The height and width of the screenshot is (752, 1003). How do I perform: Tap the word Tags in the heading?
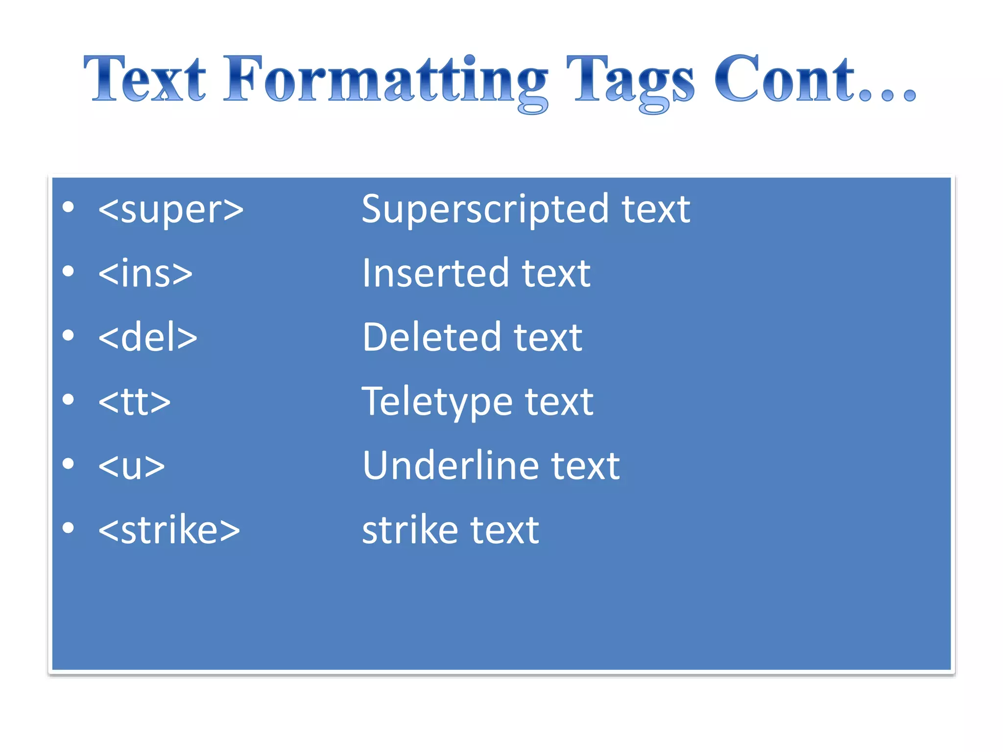pos(630,81)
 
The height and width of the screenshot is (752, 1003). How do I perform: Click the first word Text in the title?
pos(145,79)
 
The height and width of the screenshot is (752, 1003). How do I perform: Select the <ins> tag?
pos(145,273)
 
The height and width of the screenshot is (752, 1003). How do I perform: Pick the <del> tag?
pos(147,337)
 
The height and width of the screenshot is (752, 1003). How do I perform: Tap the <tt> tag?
pos(134,401)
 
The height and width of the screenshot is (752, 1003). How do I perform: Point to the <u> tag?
pos(131,466)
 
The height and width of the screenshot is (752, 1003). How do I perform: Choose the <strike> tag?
pos(169,530)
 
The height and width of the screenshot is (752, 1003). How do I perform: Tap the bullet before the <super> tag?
pos(69,207)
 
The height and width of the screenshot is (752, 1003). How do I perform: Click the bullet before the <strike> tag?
pos(69,528)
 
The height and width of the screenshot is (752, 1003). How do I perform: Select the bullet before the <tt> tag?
pos(69,399)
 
